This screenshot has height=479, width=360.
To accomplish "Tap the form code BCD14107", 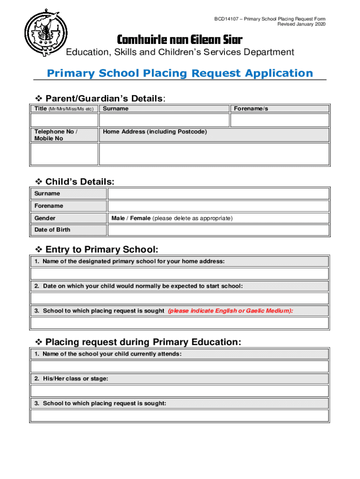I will click(x=226, y=19).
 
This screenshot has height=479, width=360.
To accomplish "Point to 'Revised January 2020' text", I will click(x=302, y=24).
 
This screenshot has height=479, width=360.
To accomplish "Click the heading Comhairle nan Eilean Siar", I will click(x=180, y=39).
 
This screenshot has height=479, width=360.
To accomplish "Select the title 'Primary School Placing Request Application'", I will click(x=180, y=73).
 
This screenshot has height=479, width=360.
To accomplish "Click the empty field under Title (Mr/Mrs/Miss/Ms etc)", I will click(x=64, y=120).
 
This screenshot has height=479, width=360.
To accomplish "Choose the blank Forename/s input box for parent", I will click(x=280, y=120).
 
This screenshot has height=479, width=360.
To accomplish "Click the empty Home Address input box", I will click(x=214, y=154).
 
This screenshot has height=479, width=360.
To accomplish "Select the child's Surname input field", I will click(x=218, y=194).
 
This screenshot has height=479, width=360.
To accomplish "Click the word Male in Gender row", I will click(x=119, y=218).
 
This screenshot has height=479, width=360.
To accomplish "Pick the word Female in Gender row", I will click(x=140, y=218).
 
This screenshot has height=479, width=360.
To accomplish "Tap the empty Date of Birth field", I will click(x=218, y=230).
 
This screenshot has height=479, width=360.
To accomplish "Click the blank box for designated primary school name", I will click(x=180, y=274).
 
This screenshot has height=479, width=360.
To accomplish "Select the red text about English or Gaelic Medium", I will click(x=230, y=311).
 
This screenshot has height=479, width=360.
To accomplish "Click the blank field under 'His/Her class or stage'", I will click(x=180, y=391).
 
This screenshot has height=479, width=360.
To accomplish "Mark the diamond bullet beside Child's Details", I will click(x=39, y=181).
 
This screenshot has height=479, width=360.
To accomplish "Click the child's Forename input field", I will click(x=218, y=206).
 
